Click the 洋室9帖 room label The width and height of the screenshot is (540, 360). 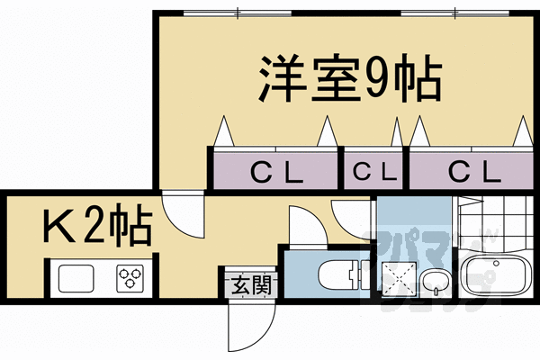pyautogui.click(x=350, y=79)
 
